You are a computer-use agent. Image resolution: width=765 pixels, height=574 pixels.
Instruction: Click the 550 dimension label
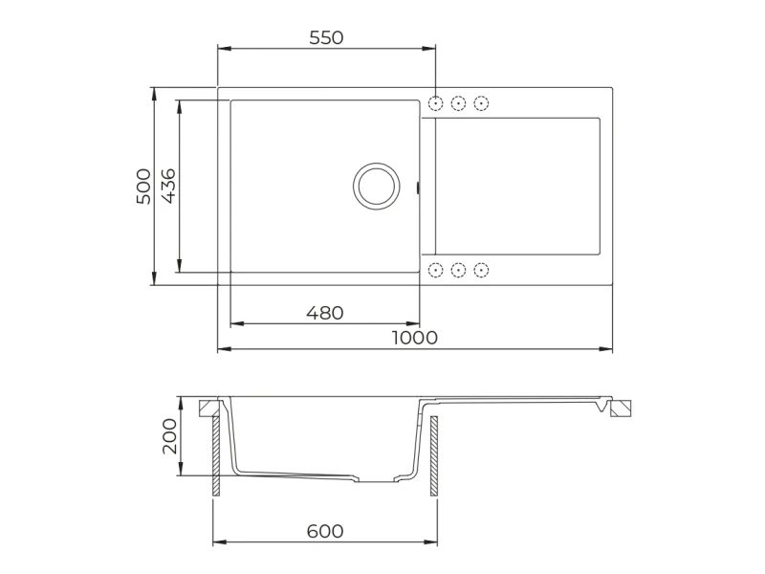(x=326, y=37)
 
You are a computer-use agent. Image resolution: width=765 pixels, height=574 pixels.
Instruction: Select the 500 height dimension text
(x=143, y=187)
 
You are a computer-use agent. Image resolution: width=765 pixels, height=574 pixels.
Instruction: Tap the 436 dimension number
(x=168, y=186)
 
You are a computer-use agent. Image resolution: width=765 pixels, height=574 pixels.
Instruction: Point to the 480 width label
(x=325, y=313)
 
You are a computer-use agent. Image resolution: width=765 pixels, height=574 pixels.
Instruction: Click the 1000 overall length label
(x=415, y=338)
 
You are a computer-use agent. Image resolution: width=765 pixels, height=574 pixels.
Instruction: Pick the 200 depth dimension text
(x=170, y=436)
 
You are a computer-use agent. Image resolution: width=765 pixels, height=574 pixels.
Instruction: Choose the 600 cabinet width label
(x=325, y=531)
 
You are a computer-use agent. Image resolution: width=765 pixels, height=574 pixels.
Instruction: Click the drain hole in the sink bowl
(x=376, y=187)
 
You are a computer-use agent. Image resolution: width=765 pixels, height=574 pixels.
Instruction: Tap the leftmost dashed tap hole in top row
(x=435, y=103)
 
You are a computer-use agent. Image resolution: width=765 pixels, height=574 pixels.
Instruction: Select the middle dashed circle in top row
(x=458, y=103)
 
